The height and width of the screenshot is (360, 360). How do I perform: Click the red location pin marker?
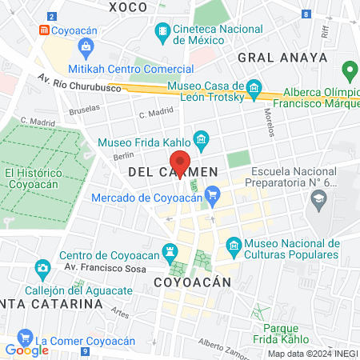[181, 162]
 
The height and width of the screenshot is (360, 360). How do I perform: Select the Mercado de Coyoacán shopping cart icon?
[212, 194]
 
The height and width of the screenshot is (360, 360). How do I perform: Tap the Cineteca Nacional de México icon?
[162, 33]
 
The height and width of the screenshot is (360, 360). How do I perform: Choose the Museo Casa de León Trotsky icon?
[254, 87]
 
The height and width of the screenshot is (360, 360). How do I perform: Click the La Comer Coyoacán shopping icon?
[25, 338]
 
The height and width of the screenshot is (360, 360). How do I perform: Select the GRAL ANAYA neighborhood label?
[282, 58]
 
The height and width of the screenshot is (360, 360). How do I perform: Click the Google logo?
[26, 350]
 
